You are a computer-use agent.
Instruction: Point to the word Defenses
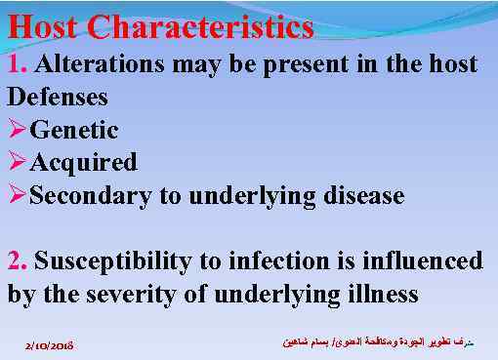57,98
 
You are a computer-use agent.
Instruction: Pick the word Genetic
74,130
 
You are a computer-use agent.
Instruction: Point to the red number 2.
17,261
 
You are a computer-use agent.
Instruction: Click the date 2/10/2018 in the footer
51,345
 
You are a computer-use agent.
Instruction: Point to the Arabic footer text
381,343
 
